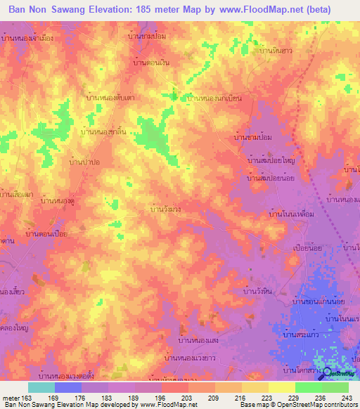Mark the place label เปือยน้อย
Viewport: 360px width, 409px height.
pos(307,248)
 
